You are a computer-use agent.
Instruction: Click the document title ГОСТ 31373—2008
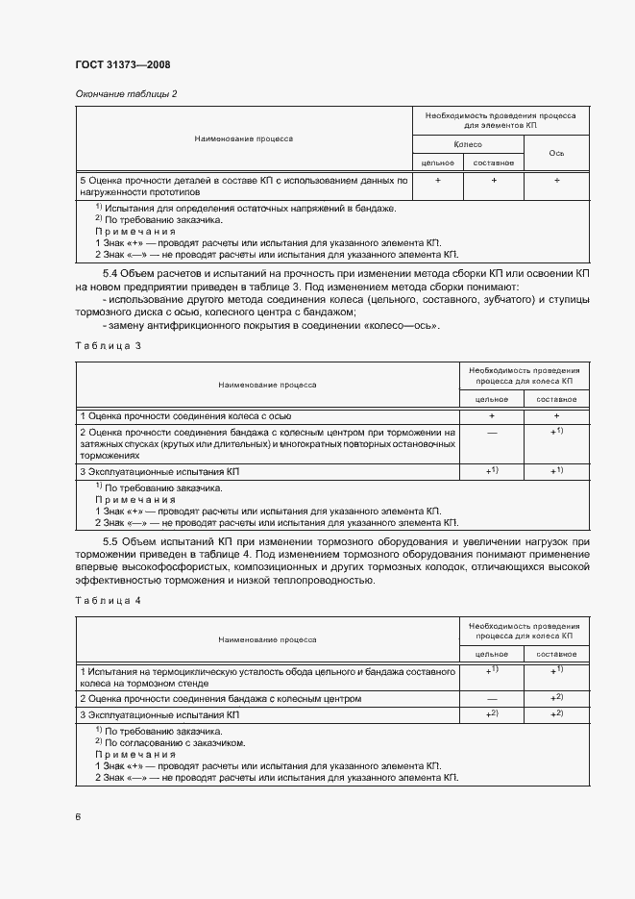[122, 65]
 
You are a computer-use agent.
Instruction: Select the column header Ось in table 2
[556, 153]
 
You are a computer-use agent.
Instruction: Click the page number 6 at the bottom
[78, 816]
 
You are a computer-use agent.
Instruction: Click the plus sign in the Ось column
[556, 180]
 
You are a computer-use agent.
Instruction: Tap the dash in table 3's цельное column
[492, 434]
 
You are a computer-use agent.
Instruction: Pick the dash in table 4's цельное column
[492, 698]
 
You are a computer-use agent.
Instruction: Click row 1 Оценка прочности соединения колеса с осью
[185, 415]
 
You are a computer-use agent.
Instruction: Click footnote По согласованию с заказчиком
[169, 742]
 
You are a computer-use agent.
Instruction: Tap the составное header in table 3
[556, 398]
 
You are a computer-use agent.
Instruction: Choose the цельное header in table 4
[492, 653]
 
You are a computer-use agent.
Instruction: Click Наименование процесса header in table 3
[267, 385]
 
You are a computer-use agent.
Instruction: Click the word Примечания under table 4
[135, 755]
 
